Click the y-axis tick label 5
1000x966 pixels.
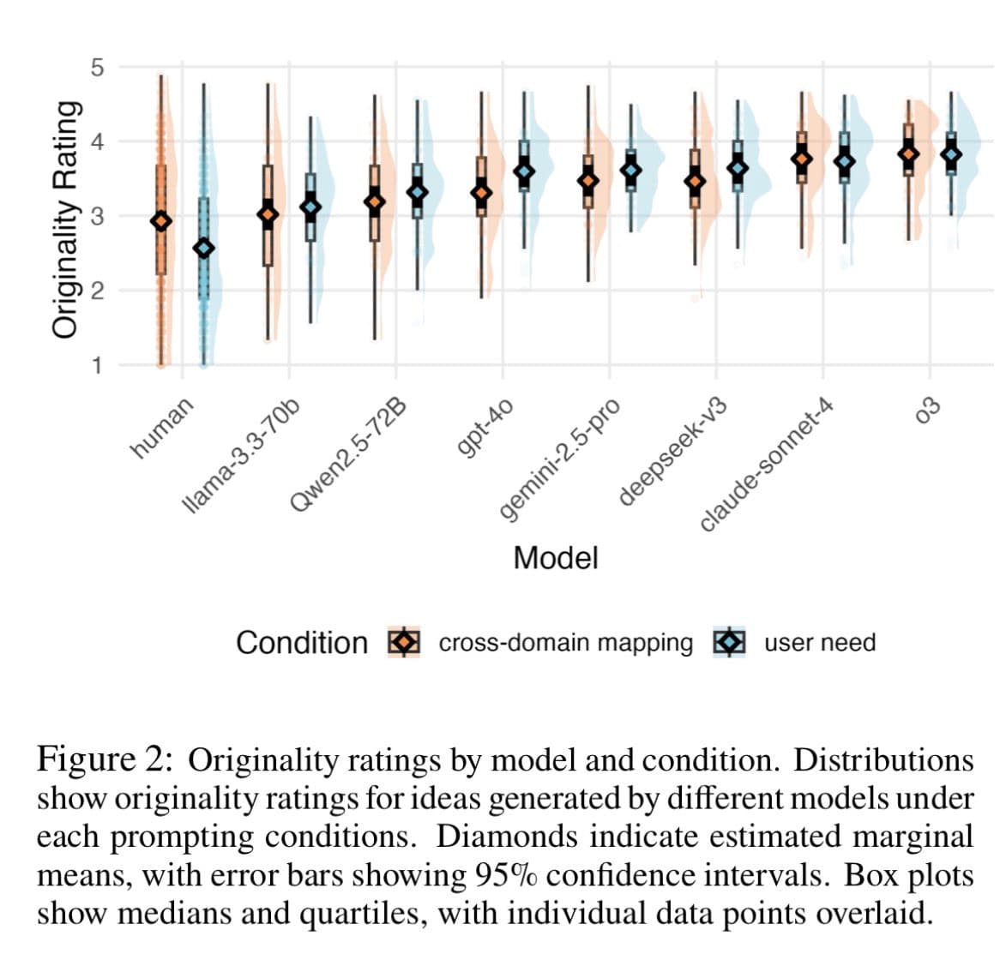pyautogui.click(x=97, y=67)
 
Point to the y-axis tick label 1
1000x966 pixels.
pyautogui.click(x=97, y=366)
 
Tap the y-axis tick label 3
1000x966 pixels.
pyautogui.click(x=97, y=216)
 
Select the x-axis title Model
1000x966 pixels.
pyautogui.click(x=555, y=558)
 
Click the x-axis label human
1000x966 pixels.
pyautogui.click(x=162, y=428)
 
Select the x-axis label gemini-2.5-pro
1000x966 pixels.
pyautogui.click(x=559, y=459)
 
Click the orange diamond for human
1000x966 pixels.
pyautogui.click(x=160, y=221)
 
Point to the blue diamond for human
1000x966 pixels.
pyautogui.click(x=203, y=248)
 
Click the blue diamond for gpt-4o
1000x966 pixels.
pyautogui.click(x=523, y=171)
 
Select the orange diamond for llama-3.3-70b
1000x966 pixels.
pyautogui.click(x=268, y=214)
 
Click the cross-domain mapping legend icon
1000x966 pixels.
pyautogui.click(x=403, y=642)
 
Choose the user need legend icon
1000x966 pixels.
pyautogui.click(x=729, y=642)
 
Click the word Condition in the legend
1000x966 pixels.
pyautogui.click(x=301, y=642)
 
